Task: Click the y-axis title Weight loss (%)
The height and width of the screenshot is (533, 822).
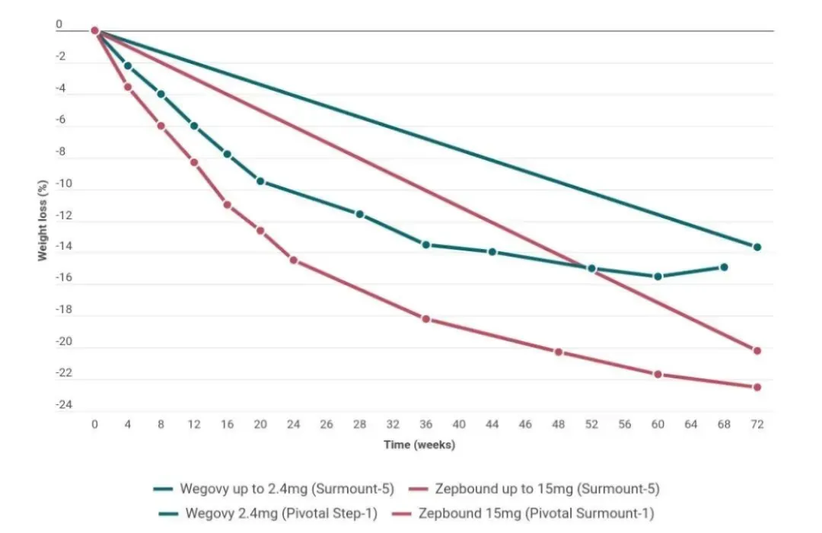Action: [43, 221]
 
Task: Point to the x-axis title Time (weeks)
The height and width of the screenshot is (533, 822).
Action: [420, 445]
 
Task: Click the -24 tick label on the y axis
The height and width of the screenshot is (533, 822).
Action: [62, 404]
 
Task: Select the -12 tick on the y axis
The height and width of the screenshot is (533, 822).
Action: [62, 216]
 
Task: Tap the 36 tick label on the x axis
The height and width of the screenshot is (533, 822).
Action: [425, 424]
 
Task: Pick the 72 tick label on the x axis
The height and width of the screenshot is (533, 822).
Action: [757, 424]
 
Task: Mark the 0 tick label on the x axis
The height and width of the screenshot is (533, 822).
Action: [94, 424]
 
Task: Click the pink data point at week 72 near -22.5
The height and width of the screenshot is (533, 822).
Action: [757, 387]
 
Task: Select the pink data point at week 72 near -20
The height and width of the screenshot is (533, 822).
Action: [757, 350]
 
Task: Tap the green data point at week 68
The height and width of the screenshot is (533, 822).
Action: [724, 267]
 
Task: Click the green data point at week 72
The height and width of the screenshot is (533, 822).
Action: [757, 247]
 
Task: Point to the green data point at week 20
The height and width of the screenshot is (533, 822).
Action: [260, 181]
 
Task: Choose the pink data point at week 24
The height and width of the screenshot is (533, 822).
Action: [294, 260]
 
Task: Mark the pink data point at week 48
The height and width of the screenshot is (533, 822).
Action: [558, 352]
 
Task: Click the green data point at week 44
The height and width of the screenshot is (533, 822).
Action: [492, 252]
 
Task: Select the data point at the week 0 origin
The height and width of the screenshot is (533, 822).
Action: [95, 30]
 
